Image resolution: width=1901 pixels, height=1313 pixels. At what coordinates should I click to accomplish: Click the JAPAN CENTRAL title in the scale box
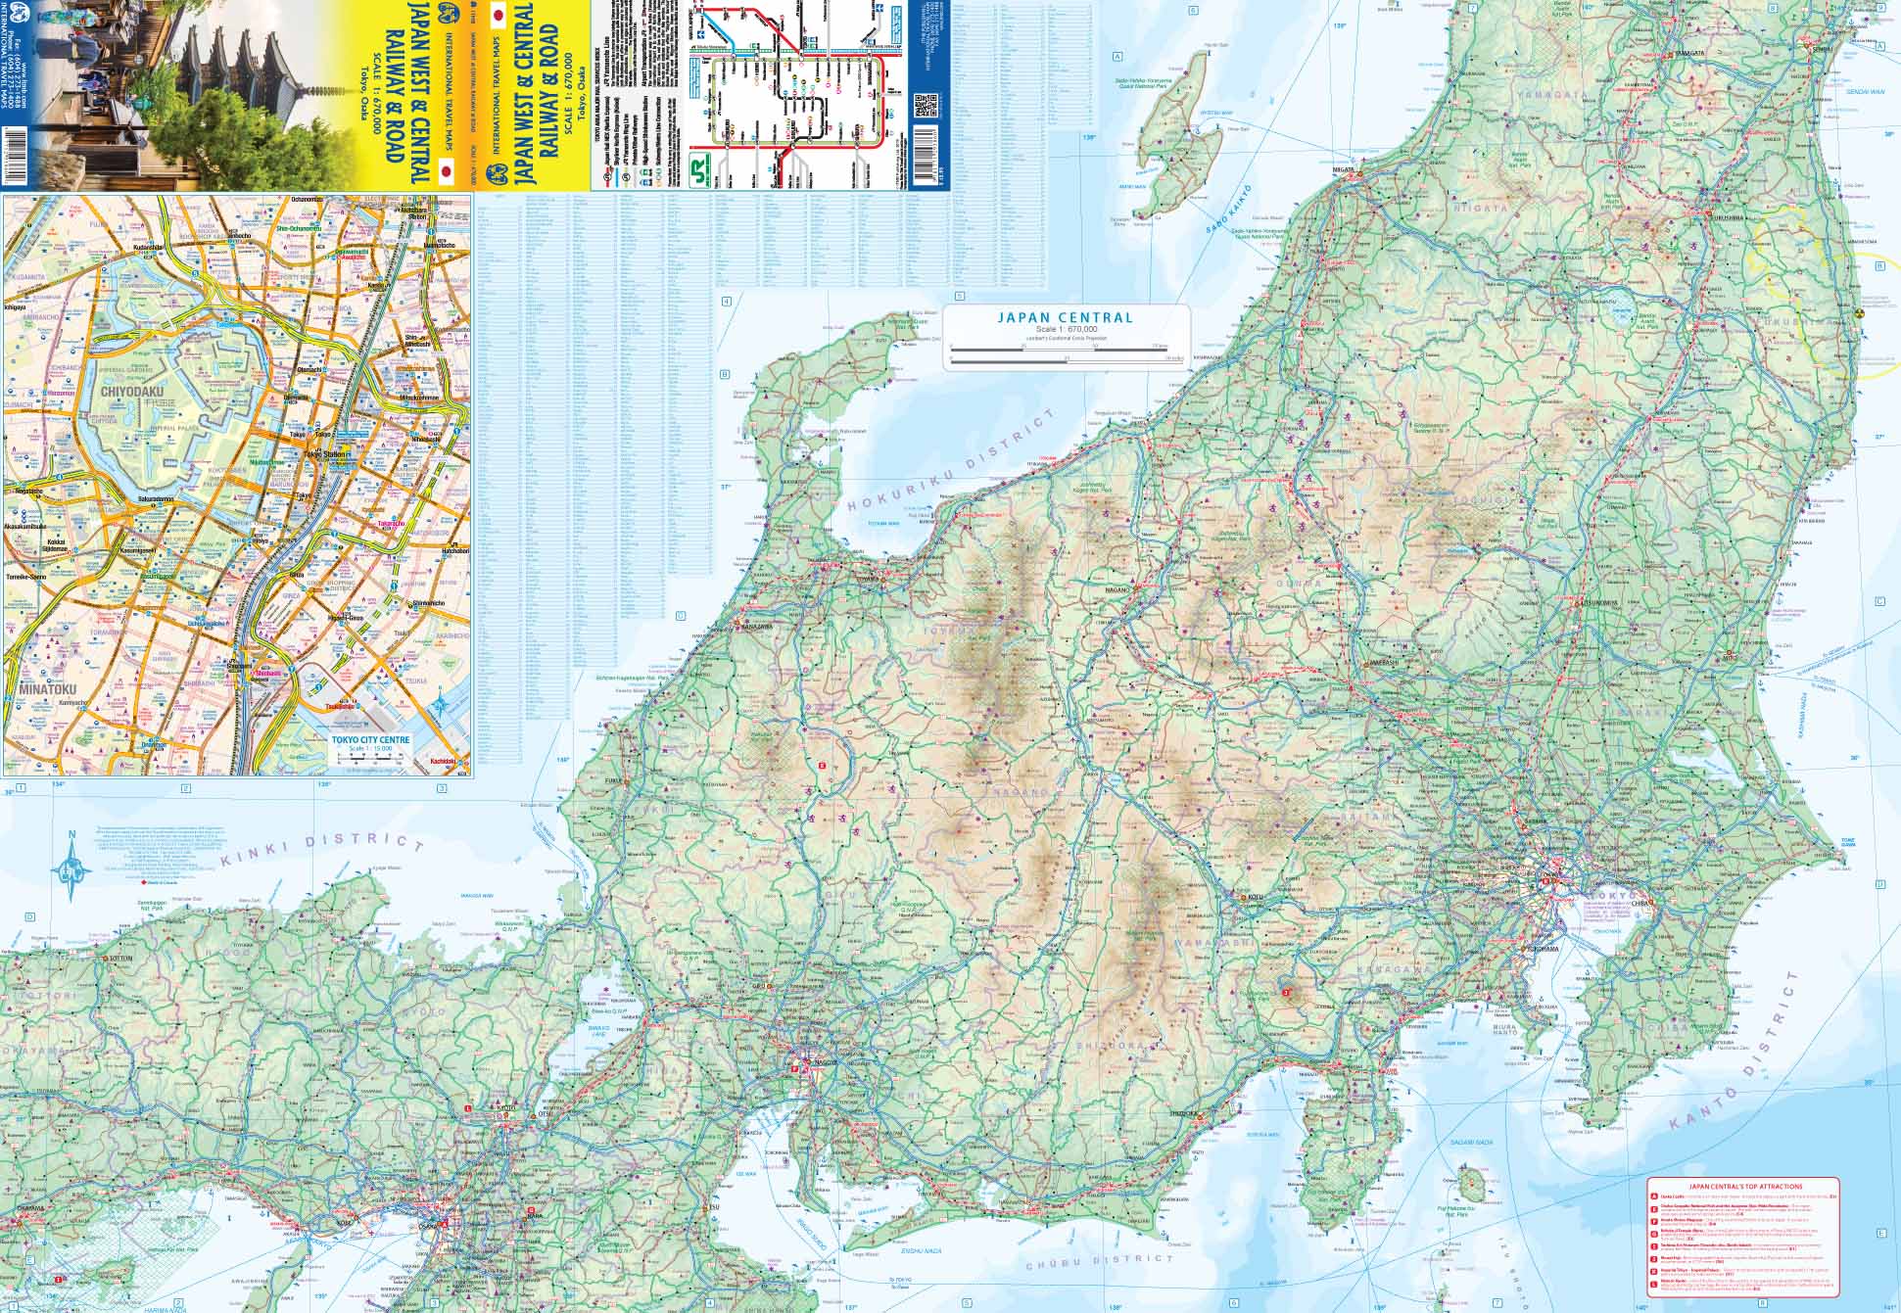click(x=1065, y=317)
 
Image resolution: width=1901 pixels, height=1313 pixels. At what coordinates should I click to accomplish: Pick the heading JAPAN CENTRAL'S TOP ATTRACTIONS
click(x=1738, y=1186)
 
